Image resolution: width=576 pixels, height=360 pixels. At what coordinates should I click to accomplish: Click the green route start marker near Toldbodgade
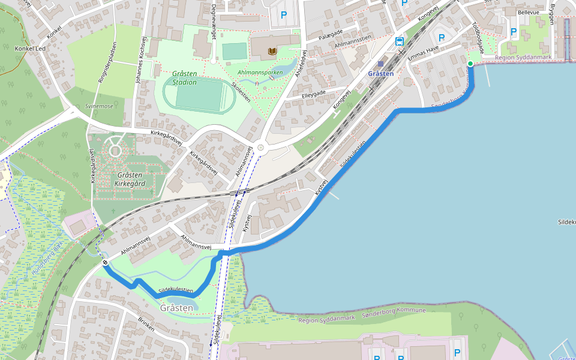tap(470, 64)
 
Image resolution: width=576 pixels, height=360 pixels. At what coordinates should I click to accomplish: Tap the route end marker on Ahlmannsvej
tap(105, 262)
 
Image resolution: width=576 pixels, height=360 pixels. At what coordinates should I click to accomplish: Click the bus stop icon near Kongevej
tap(399, 41)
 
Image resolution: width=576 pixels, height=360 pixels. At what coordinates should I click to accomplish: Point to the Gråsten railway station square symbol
tap(380, 63)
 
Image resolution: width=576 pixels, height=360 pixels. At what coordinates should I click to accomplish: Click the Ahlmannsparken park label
tap(260, 73)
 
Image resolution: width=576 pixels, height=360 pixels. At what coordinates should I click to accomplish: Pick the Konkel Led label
tap(30, 49)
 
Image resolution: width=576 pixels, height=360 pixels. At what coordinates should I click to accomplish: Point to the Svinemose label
tap(99, 106)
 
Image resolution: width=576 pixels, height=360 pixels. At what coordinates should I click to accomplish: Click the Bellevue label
tap(529, 12)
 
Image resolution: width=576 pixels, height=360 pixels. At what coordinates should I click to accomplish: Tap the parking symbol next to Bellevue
tap(513, 32)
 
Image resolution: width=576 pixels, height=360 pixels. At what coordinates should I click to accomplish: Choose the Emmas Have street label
tap(424, 53)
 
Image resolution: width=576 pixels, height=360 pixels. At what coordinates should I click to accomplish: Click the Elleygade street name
tap(313, 94)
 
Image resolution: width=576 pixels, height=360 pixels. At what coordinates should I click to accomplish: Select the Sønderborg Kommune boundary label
tap(394, 311)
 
